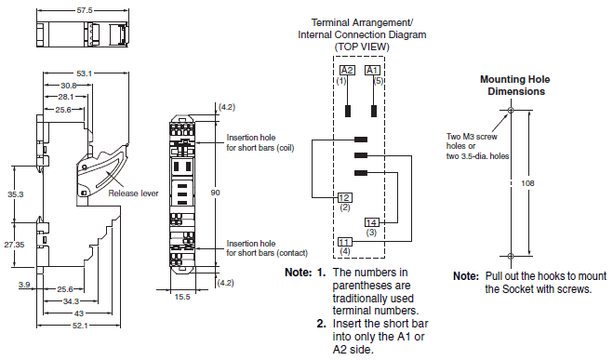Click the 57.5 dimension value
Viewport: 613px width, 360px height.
pos(85,10)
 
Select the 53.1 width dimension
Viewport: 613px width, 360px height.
pos(84,73)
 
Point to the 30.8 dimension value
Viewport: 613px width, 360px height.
pos(69,86)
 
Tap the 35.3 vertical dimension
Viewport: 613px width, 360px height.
pos(16,194)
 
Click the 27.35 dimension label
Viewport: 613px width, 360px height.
pos(15,245)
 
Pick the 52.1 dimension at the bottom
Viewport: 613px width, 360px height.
pos(80,326)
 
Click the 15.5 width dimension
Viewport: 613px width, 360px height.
pos(182,297)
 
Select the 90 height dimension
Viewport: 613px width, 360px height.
pos(216,193)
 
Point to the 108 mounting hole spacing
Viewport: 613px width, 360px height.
pos(527,183)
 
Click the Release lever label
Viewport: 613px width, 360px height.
pos(133,193)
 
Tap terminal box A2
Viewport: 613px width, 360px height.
pos(347,70)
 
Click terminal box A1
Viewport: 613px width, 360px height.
pos(372,70)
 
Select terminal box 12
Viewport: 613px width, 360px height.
pos(344,197)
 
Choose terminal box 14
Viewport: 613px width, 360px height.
pos(371,222)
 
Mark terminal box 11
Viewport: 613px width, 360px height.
pos(344,242)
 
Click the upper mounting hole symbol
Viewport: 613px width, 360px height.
pos(511,110)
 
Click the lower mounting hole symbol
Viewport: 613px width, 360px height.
pos(511,256)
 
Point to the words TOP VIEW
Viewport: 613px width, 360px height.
pos(362,47)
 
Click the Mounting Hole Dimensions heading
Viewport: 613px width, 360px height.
pos(515,86)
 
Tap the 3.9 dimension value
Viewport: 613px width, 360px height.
pos(24,285)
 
